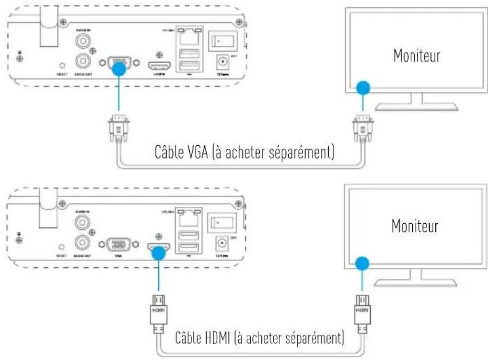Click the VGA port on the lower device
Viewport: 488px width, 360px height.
(119, 246)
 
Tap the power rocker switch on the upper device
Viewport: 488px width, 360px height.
(221, 41)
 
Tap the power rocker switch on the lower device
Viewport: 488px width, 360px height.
(221, 221)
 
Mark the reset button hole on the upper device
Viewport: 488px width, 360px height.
(63, 65)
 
